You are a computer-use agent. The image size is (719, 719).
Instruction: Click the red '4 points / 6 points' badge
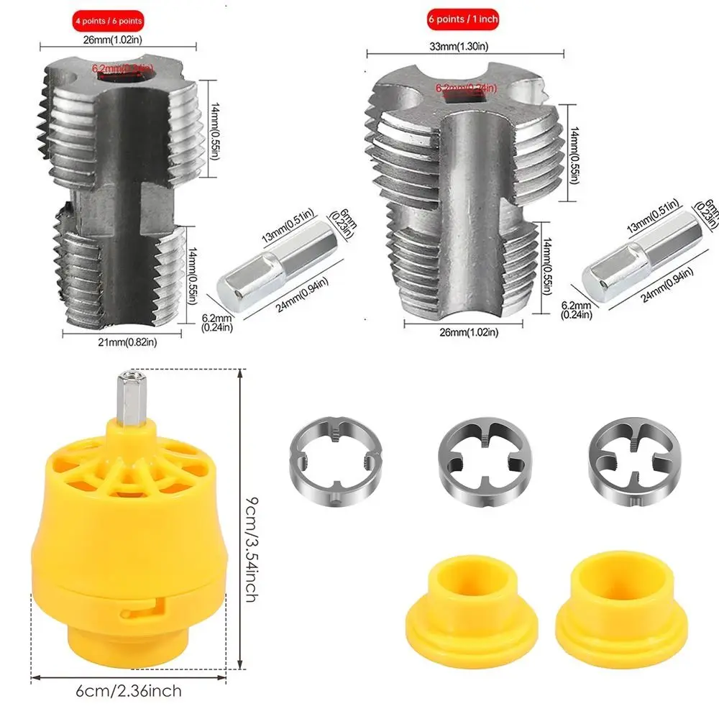point(106,20)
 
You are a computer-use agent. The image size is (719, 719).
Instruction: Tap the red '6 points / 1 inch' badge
point(463,19)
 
